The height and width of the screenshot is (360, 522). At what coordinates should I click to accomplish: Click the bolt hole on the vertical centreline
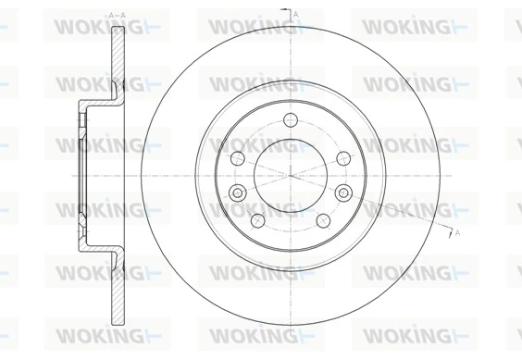[x=291, y=118]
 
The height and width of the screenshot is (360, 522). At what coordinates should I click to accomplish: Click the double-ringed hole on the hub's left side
[x=236, y=192]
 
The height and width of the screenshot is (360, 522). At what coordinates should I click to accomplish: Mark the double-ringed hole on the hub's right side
[x=345, y=192]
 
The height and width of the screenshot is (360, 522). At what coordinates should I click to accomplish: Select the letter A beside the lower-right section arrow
[x=457, y=233]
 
